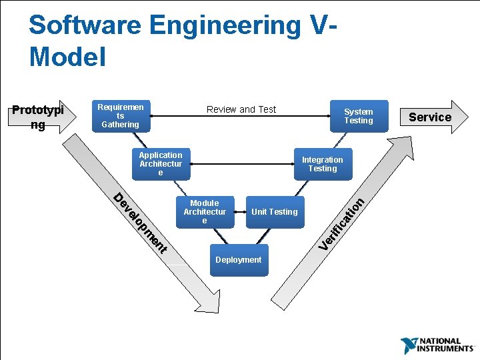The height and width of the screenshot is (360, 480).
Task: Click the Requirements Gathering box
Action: pos(120,115)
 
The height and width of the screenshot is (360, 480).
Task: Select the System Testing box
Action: pos(358,116)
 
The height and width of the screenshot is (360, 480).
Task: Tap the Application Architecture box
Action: pos(160,164)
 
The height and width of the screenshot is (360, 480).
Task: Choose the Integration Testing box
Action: pos(322,164)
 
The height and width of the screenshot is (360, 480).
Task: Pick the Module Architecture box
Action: pos(205,212)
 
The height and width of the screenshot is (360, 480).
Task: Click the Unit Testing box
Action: pos(274,212)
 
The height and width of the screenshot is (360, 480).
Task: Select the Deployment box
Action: pos(238,260)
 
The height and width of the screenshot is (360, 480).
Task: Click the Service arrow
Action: pos(431,117)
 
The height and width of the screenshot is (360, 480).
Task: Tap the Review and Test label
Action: pos(241,109)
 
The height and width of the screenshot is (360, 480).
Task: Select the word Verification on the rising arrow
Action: pos(341,224)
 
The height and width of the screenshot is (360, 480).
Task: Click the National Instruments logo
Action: pos(437,345)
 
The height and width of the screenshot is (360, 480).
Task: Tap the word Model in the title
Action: pos(67,57)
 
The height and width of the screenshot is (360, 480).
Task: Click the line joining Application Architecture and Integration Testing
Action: pos(241,164)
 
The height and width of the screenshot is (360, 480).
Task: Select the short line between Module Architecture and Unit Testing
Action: pos(240,212)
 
